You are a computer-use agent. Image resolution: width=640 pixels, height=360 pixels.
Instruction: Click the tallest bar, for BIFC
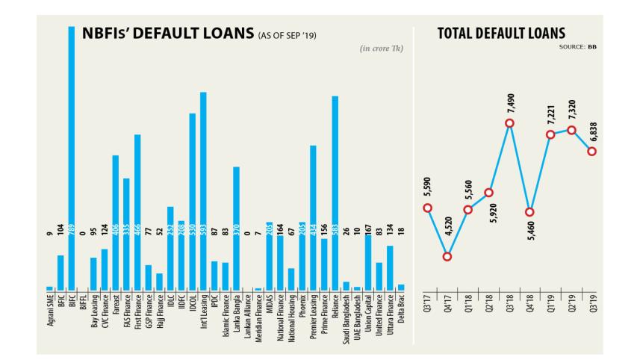[72, 157]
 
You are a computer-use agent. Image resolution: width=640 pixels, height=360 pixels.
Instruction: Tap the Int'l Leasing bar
[203, 190]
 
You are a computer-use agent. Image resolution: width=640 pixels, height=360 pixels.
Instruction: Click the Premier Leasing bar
[313, 217]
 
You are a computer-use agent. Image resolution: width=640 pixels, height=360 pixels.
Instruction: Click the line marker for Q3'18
[509, 124]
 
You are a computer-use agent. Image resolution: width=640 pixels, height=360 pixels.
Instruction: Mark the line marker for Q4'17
[447, 257]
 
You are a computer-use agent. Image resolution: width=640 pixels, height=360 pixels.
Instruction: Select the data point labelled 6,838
[591, 152]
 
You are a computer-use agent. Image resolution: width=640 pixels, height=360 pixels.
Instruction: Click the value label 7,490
[510, 101]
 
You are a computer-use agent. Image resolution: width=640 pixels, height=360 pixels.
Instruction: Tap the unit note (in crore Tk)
[382, 49]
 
